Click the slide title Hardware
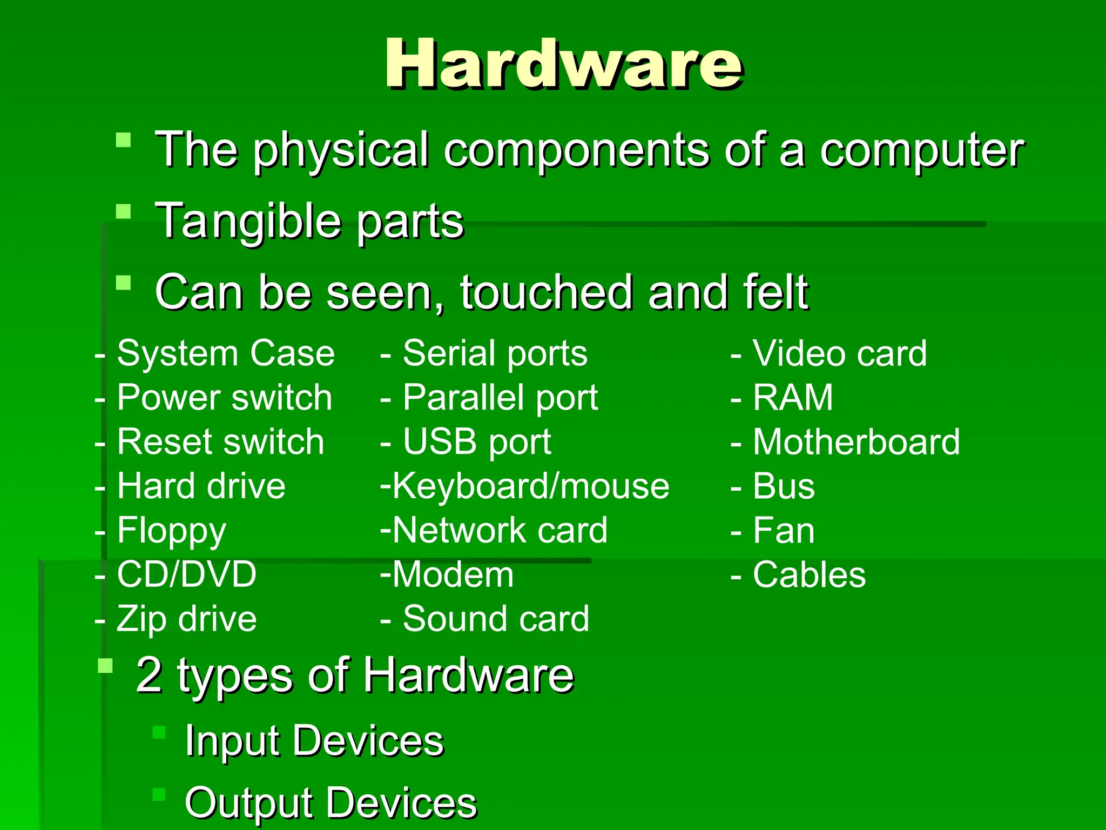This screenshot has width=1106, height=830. click(563, 64)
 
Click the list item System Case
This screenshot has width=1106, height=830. click(226, 354)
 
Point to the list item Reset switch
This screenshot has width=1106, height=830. click(220, 442)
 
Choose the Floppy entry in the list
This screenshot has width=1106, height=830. click(171, 531)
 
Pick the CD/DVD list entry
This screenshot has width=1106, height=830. click(186, 574)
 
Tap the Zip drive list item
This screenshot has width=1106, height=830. click(186, 619)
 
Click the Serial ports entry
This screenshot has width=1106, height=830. click(495, 354)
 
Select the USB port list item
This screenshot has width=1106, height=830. click(477, 442)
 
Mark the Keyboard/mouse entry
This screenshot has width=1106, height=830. click(530, 486)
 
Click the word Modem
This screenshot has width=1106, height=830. click(453, 574)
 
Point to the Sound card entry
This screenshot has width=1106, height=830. click(496, 619)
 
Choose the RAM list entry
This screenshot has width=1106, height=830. click(793, 398)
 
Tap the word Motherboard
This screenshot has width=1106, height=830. click(857, 442)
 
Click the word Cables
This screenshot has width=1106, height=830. click(809, 574)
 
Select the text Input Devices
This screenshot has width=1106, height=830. click(314, 741)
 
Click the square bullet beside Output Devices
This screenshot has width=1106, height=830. click(159, 794)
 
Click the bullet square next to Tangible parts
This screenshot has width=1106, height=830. click(124, 211)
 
